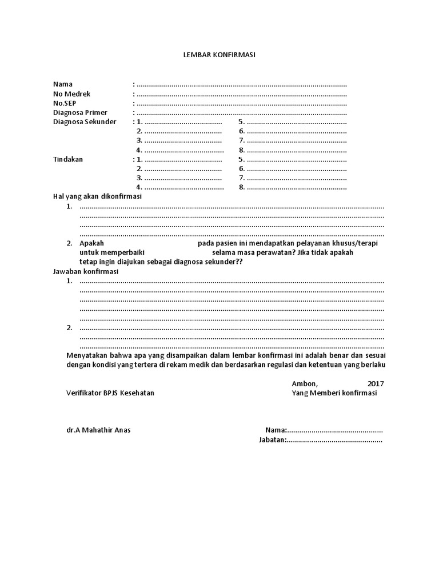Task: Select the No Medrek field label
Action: point(71,94)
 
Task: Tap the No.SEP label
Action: point(64,103)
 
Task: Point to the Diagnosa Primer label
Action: point(80,113)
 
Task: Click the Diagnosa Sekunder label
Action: point(84,122)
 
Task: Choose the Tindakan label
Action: point(68,159)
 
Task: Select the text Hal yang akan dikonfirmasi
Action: point(97,196)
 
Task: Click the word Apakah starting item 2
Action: point(91,243)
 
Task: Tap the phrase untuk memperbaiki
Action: point(112,252)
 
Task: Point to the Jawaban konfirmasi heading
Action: point(85,271)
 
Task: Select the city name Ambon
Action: point(304,383)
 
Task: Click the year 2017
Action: point(376,383)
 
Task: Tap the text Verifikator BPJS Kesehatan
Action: point(110,393)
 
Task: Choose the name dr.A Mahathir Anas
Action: point(98,430)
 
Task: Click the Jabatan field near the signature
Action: point(334,440)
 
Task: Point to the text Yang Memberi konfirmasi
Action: point(334,393)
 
